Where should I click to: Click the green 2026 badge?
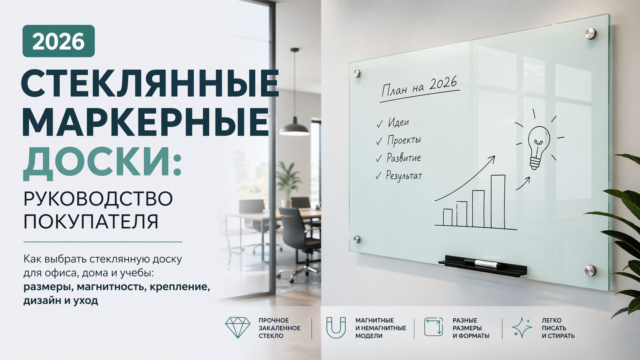click(x=59, y=41)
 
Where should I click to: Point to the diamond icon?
click(x=238, y=327)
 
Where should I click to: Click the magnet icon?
click(x=336, y=328)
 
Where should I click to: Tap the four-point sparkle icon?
click(x=522, y=328)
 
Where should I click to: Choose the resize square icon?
click(x=433, y=327)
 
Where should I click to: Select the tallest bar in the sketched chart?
click(x=498, y=202)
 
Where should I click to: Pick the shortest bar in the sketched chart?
click(x=448, y=217)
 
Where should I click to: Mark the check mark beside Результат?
click(x=378, y=176)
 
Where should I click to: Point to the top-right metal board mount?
click(x=590, y=34)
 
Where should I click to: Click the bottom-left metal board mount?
click(x=357, y=239)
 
